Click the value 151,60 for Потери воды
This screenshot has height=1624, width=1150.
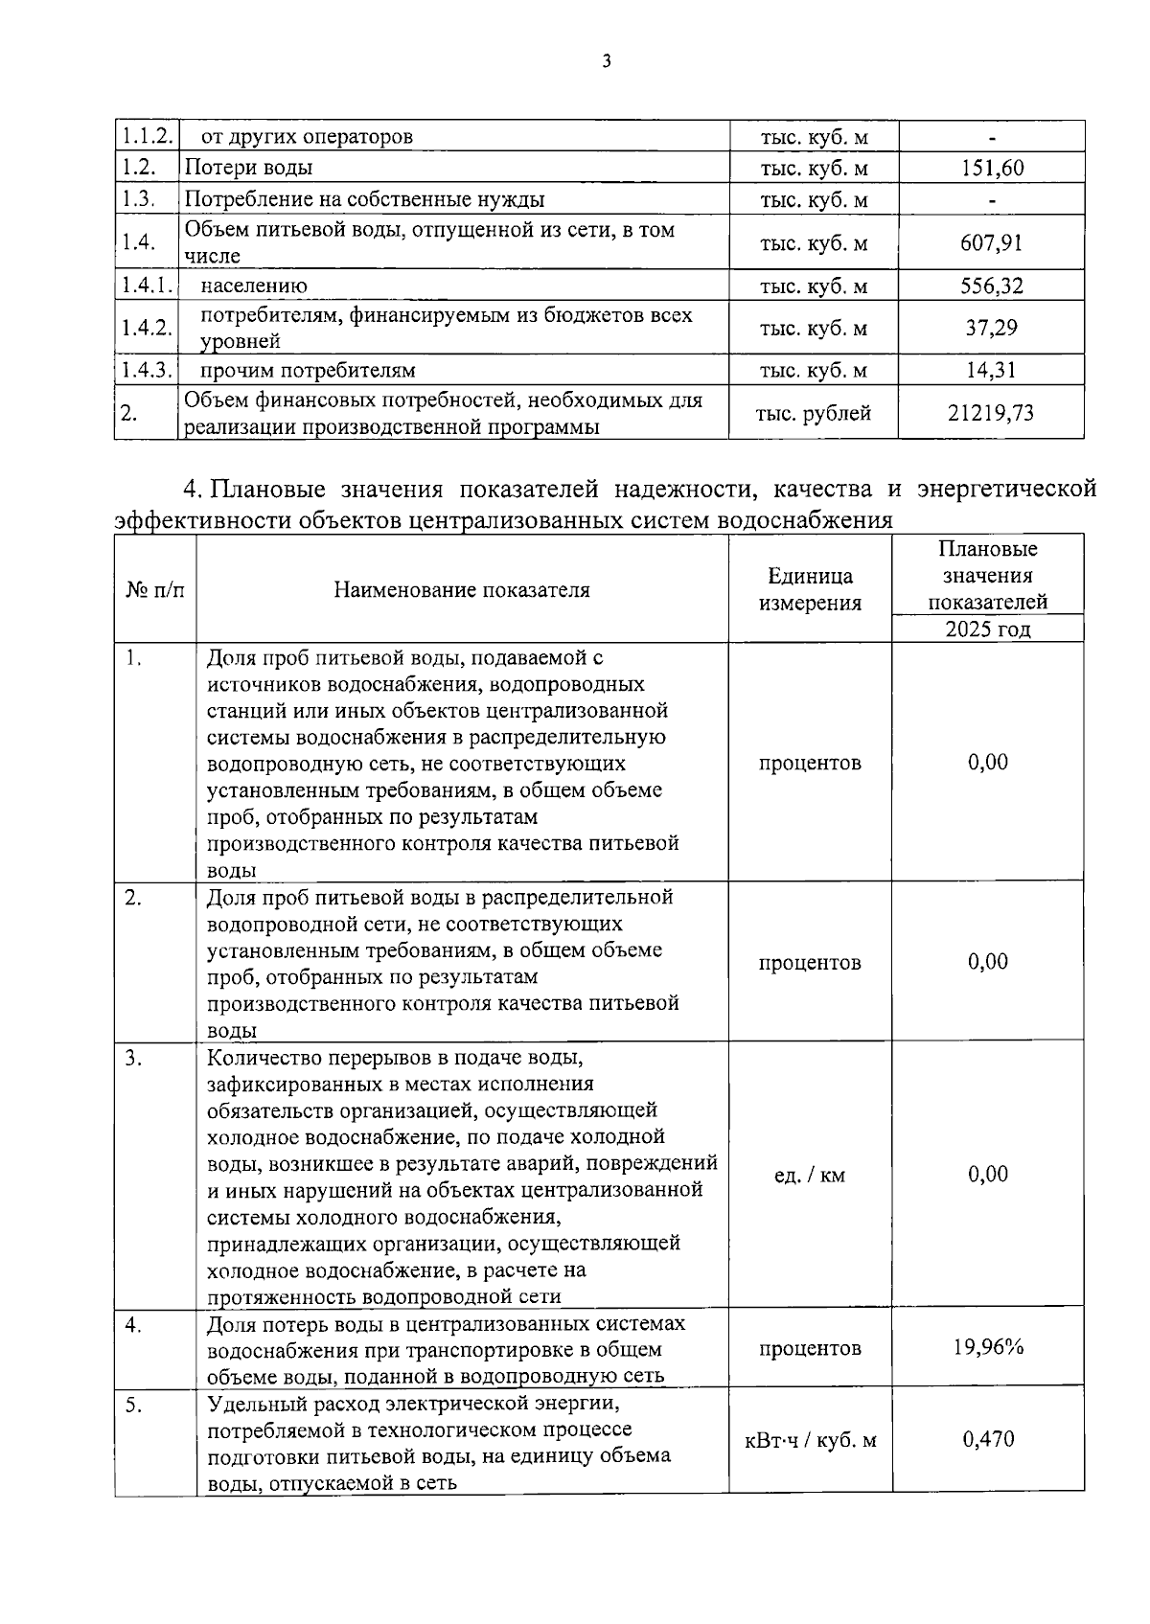992,169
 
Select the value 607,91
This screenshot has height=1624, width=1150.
992,243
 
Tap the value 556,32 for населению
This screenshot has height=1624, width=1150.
992,286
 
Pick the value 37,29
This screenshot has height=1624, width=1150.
992,329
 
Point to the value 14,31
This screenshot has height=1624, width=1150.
992,371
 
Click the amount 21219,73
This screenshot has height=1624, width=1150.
991,413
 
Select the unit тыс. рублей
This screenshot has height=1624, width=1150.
814,414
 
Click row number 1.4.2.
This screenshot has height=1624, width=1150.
146,329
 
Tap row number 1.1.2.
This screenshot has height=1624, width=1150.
146,137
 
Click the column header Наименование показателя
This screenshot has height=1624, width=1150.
462,590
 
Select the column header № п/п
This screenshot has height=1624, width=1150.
155,590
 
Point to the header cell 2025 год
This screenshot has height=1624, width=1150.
988,629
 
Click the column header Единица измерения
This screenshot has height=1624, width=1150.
810,589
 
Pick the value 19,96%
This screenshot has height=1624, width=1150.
988,1347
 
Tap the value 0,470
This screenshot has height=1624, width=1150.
988,1439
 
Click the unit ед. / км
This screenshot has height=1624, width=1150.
810,1175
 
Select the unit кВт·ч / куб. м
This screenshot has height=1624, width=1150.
811,1440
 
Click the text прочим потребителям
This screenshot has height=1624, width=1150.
308,371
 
